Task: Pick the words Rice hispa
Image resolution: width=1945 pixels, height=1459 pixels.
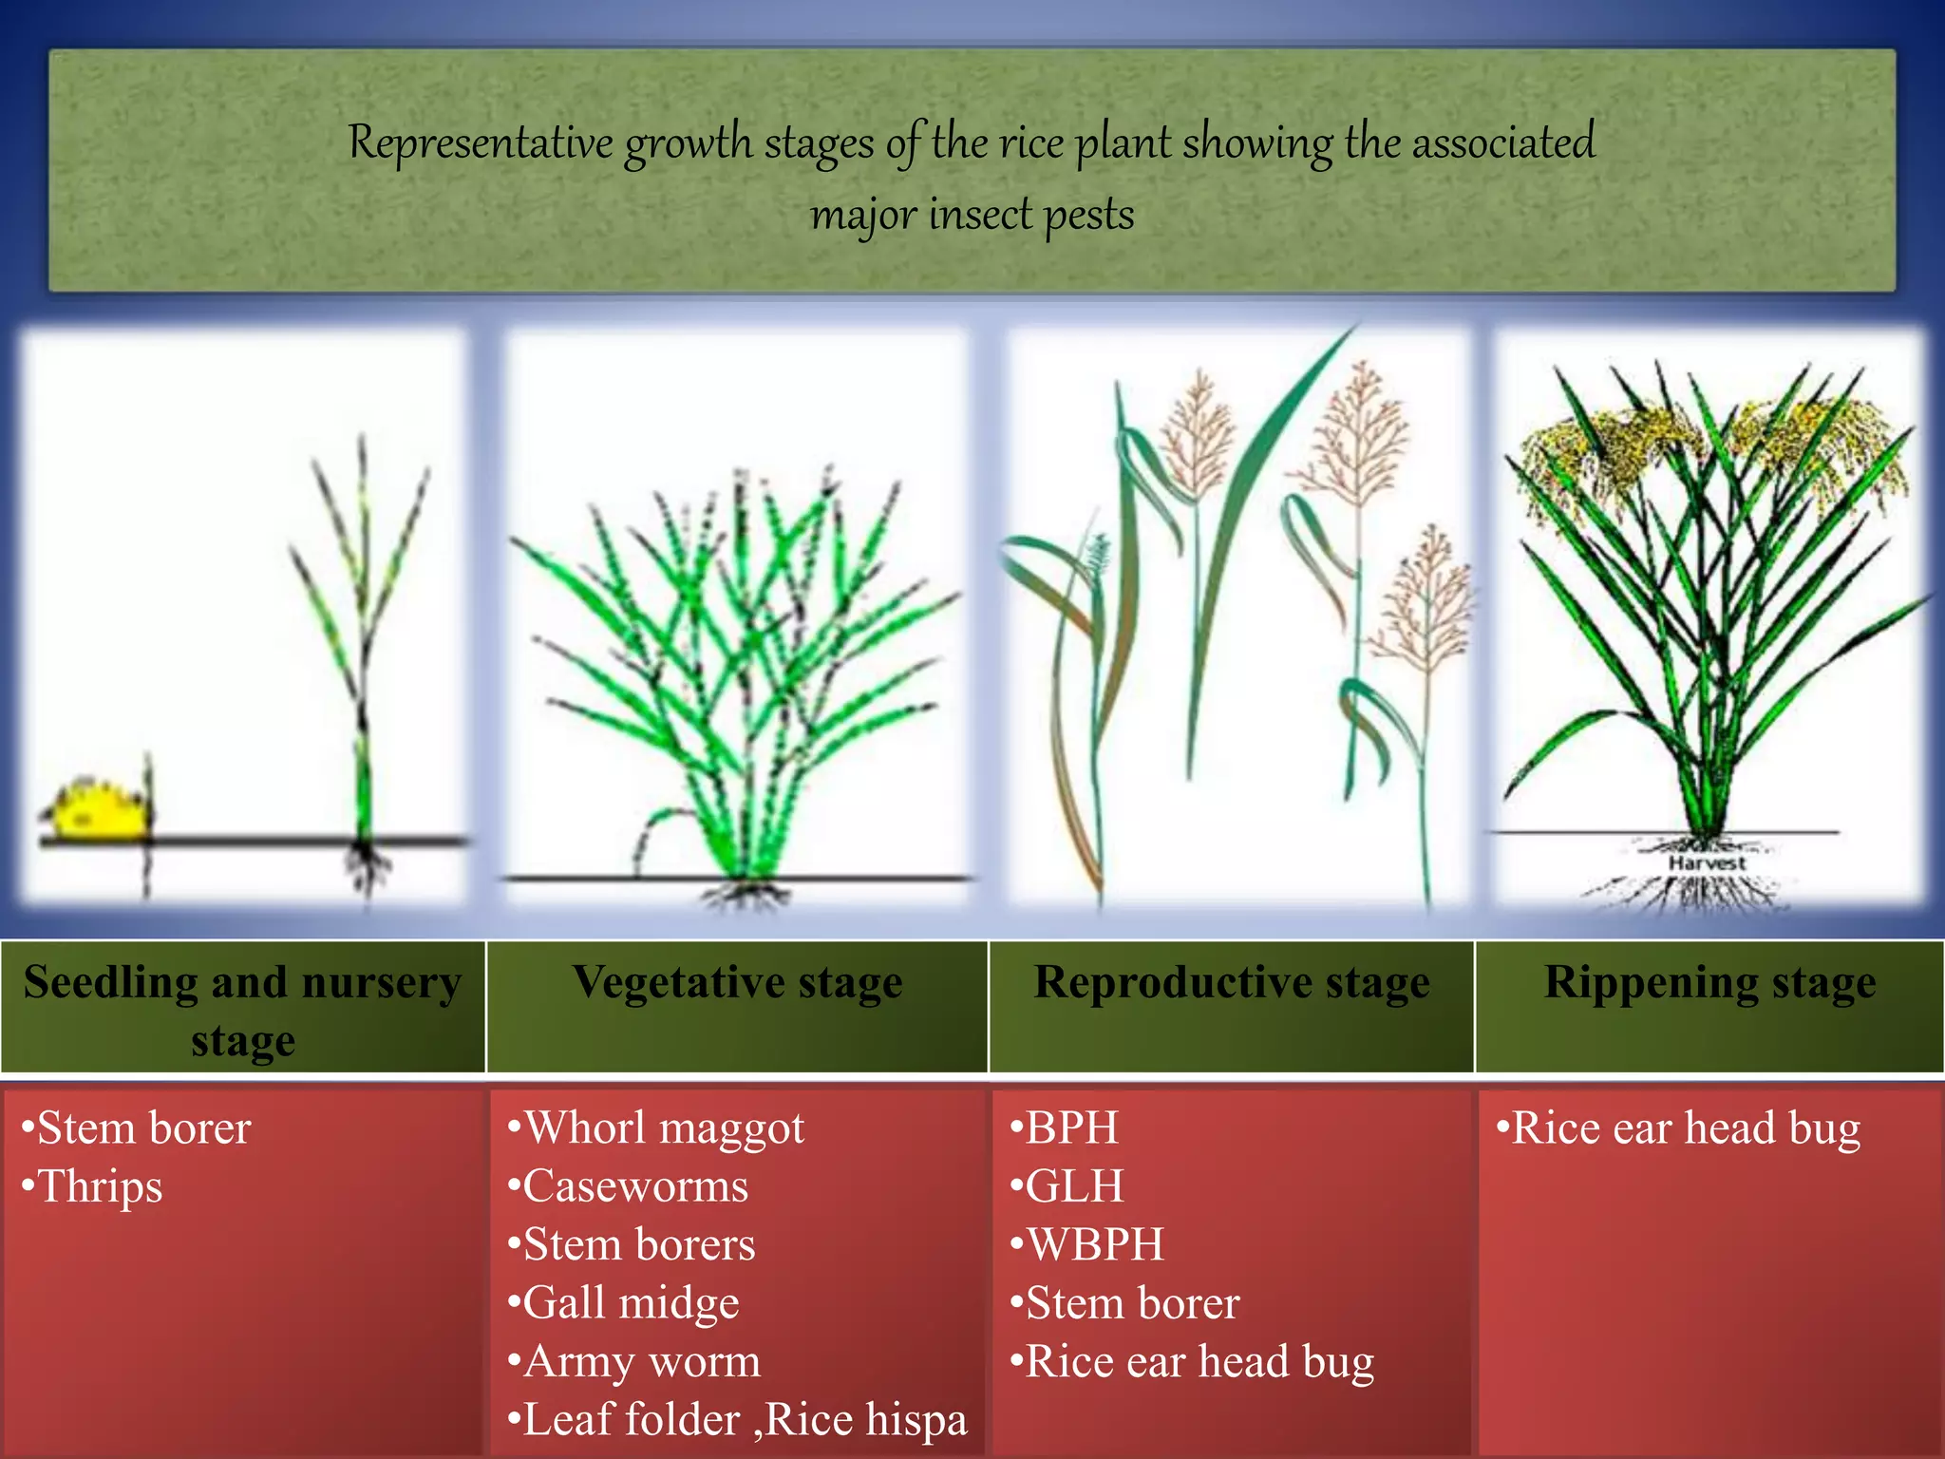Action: (x=865, y=1420)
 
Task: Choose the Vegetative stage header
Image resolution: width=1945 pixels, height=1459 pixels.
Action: (x=737, y=983)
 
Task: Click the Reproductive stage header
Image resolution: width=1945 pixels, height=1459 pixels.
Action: (x=1232, y=983)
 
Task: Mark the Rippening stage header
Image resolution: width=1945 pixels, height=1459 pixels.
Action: (x=1709, y=983)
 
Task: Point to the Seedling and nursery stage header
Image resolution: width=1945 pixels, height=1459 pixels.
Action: (x=243, y=1010)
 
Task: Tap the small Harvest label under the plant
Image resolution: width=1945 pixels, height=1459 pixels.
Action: (x=1707, y=863)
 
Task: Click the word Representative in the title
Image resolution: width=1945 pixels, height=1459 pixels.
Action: (x=480, y=143)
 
